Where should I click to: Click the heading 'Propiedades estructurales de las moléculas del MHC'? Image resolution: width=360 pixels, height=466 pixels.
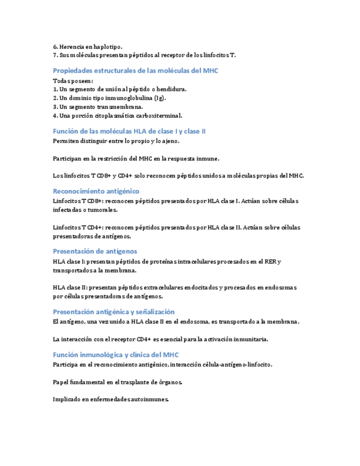coord(135,70)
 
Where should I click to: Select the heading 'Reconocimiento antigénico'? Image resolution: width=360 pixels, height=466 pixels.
coord(96,191)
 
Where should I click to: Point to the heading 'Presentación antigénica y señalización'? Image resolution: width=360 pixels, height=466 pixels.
coord(114,312)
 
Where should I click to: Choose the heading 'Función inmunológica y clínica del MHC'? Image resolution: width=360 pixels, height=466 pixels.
coord(115,355)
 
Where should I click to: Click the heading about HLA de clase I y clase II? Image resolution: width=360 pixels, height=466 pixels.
coord(129,131)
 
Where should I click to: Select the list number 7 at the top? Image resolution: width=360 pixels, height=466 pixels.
coord(55,55)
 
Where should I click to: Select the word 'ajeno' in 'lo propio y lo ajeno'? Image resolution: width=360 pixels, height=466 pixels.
coord(168,141)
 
